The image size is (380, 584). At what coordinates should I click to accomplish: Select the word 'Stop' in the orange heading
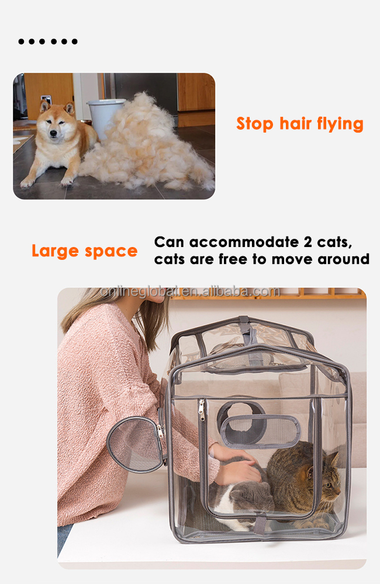[255, 124]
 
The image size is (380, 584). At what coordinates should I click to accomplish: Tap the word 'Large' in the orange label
[55, 251]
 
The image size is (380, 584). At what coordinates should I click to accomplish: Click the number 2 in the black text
[308, 242]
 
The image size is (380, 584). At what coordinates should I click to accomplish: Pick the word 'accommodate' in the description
[244, 242]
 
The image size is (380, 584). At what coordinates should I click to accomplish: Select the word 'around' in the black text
[343, 259]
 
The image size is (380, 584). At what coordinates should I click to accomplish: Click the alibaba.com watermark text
[190, 291]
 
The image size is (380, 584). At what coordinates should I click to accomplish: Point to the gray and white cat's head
[251, 496]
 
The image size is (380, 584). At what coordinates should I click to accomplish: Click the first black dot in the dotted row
[21, 41]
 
